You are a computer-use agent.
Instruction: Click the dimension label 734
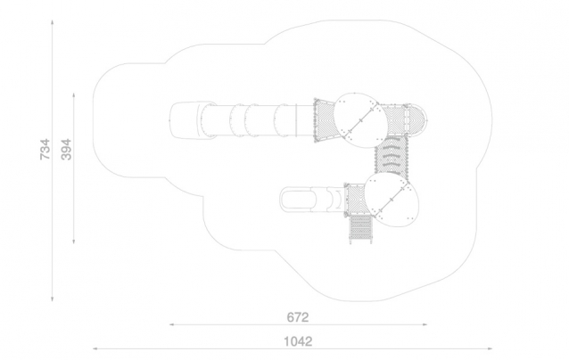45,149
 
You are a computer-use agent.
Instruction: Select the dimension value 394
66,149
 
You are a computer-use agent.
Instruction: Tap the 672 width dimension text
298,317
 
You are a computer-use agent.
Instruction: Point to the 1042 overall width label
298,341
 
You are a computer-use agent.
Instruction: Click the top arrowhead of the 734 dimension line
53,22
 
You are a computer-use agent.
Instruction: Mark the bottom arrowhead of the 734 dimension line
53,299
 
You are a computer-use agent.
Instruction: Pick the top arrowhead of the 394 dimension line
74,95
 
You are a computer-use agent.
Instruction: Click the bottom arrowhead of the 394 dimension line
74,241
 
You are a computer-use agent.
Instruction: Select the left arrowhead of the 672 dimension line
172,324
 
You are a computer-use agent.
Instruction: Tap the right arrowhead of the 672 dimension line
425,324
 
